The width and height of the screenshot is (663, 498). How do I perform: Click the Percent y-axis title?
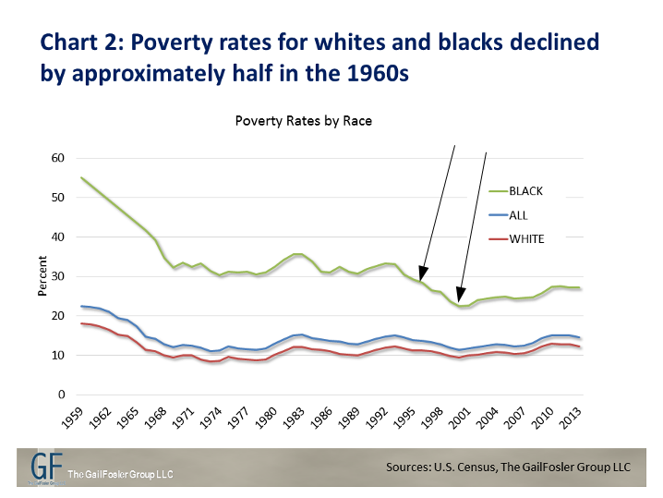coord(41,276)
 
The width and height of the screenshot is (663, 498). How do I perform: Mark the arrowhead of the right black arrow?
coord(461,301)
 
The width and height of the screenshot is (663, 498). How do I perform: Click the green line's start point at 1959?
coord(82,177)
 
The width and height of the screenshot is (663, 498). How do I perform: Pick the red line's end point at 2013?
coord(579,346)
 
